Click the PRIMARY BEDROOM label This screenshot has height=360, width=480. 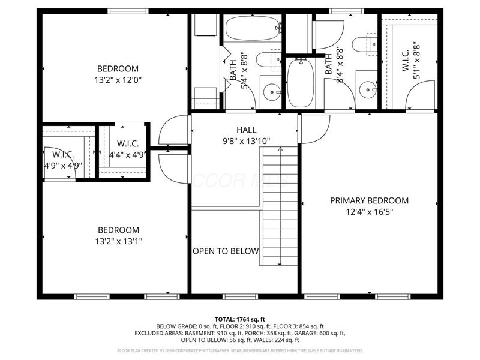point(369,200)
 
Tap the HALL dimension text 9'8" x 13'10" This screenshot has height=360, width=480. point(246,141)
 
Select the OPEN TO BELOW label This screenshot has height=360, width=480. point(226,251)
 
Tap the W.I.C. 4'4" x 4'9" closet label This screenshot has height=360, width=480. point(128,149)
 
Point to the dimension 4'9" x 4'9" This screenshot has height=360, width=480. point(62,166)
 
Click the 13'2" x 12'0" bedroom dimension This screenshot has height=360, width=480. point(118,79)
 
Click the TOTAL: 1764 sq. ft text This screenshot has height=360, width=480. point(239,319)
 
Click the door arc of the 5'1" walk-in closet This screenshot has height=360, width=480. point(420,96)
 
